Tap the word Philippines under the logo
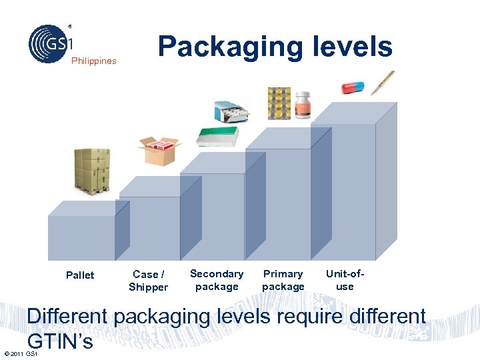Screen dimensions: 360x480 click(94, 61)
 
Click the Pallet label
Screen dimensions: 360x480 click(80, 275)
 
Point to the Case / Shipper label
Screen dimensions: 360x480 click(148, 281)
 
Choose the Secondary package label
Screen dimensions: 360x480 click(217, 280)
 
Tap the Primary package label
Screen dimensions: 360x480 click(283, 280)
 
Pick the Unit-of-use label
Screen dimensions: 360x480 click(345, 280)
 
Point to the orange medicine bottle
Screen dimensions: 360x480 click(304, 106)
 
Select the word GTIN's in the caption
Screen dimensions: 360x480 click(59, 341)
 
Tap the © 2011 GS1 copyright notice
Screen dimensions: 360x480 click(19, 353)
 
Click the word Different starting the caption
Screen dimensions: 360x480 click(68, 316)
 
